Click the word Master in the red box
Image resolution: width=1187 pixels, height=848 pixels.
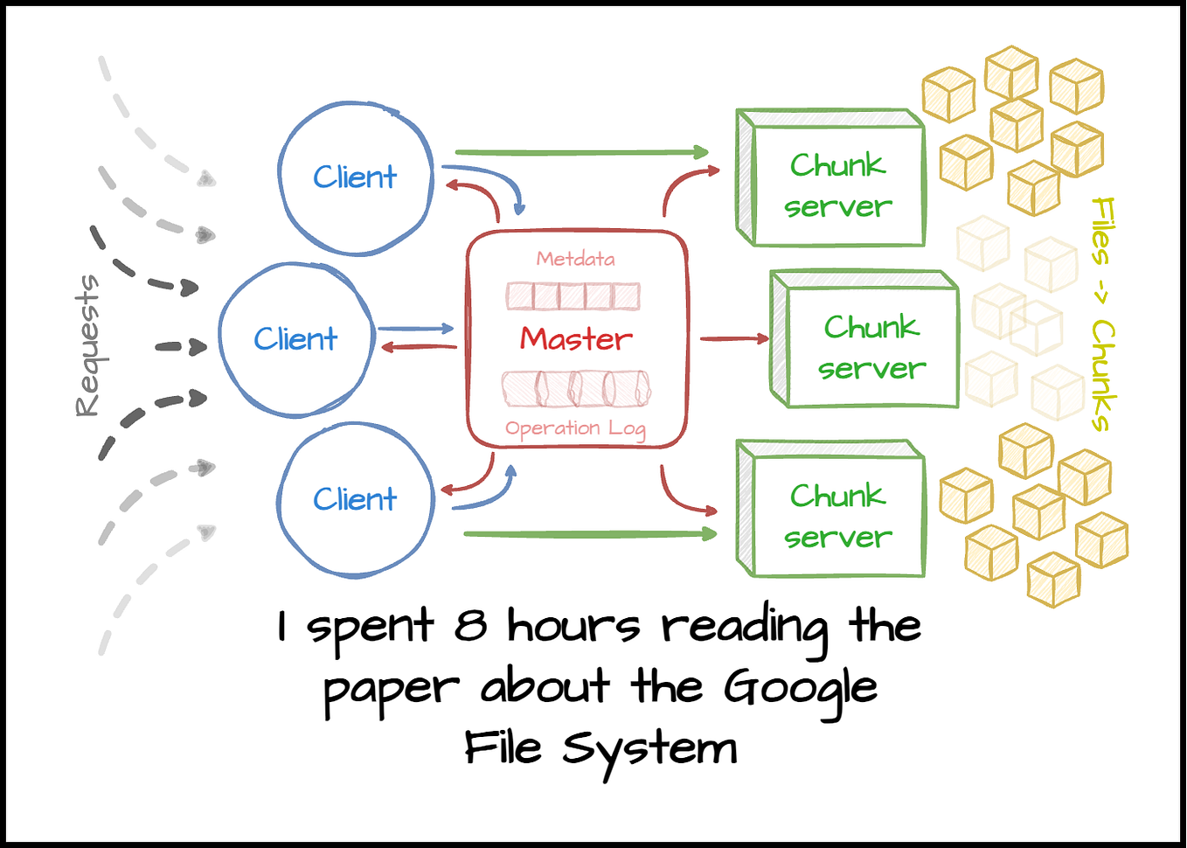576,338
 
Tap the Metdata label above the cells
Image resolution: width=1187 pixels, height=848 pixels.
575,259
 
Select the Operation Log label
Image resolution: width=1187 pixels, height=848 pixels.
575,428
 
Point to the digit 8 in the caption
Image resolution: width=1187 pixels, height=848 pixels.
470,624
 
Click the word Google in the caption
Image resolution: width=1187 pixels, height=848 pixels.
801,690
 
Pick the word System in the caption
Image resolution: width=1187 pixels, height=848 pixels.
649,751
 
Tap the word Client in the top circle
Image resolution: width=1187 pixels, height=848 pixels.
355,177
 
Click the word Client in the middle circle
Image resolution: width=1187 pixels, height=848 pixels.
295,338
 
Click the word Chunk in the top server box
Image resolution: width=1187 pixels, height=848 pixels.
837,165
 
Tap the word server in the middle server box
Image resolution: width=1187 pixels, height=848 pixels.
871,369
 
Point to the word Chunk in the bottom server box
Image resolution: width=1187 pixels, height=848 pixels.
837,496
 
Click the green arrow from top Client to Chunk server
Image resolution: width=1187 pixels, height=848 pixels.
582,153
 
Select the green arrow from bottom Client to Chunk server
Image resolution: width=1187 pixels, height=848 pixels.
590,534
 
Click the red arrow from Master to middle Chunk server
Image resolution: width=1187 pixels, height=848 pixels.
734,338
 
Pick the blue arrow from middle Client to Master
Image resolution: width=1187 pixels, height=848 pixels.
415,329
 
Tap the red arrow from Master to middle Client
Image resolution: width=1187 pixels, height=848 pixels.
419,347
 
